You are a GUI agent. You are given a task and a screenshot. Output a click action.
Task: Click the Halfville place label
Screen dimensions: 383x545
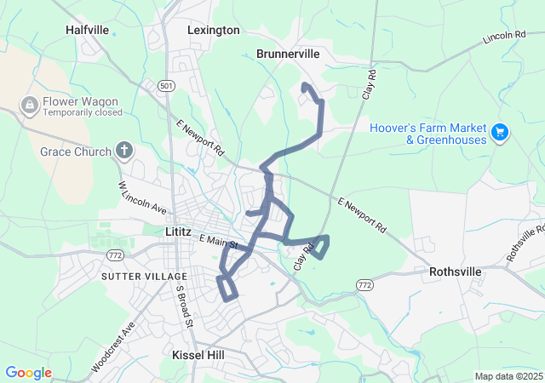[87, 30]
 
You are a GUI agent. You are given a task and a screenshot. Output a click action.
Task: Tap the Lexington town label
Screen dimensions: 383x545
[214, 30]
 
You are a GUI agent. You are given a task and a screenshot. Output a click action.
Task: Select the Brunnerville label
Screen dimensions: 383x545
[288, 54]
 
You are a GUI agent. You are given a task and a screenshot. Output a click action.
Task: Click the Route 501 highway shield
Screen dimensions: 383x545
[166, 85]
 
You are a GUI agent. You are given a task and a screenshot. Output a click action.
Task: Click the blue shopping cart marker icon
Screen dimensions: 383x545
[500, 133]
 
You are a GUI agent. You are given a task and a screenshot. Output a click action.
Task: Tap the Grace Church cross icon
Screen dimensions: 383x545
[124, 151]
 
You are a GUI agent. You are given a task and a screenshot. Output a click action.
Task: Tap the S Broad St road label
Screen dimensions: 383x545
[184, 307]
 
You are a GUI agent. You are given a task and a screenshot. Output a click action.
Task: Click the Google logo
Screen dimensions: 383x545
[28, 373]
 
